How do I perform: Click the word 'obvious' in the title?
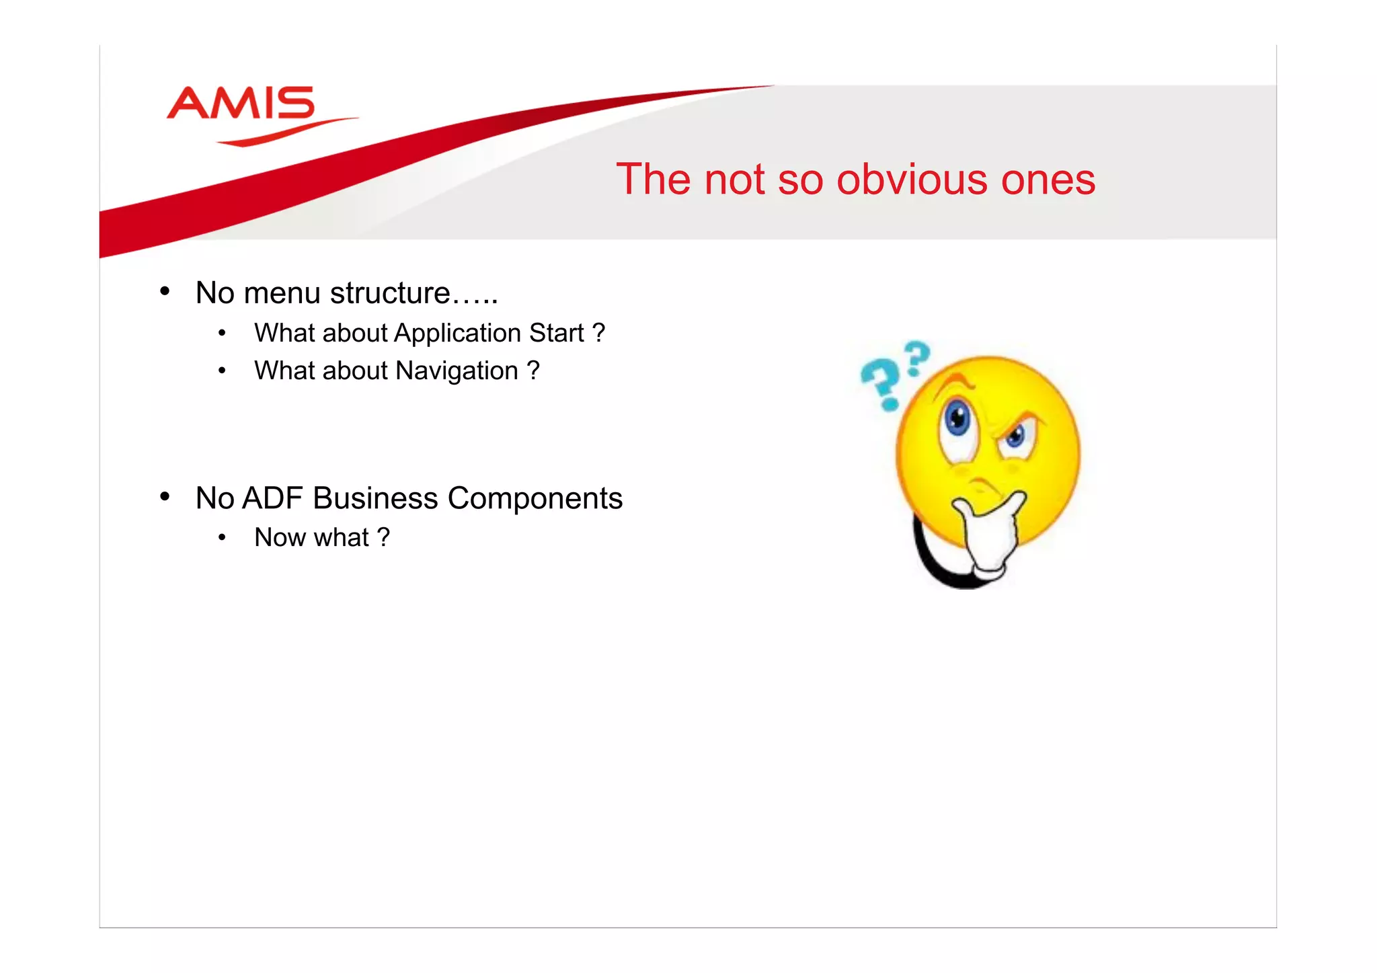click(x=911, y=180)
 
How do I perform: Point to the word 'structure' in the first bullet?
click(x=390, y=294)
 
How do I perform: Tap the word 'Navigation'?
click(x=457, y=371)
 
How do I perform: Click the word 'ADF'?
click(x=272, y=499)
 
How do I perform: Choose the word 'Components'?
click(x=535, y=499)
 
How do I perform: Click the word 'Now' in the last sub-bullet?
click(x=279, y=538)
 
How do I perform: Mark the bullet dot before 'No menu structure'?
click(x=165, y=292)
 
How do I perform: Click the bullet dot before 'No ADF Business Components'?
click(x=165, y=497)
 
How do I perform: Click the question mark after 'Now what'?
click(x=383, y=538)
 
